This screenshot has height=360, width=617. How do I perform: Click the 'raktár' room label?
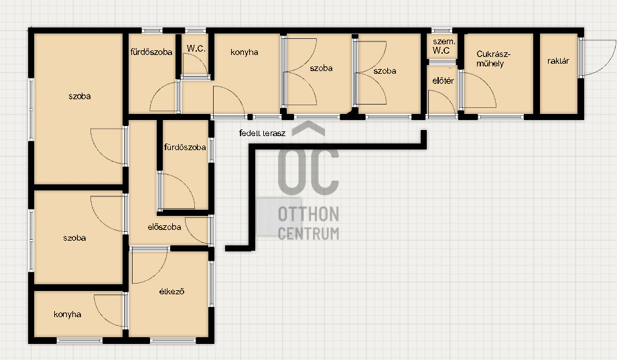click(558, 61)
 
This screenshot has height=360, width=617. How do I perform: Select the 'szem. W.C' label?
click(443, 46)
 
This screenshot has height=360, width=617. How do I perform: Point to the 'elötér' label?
click(443, 80)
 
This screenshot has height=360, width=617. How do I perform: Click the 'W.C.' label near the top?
click(196, 48)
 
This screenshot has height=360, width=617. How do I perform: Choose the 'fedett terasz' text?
click(262, 133)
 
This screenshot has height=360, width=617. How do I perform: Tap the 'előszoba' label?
click(164, 227)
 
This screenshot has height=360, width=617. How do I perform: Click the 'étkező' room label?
click(172, 292)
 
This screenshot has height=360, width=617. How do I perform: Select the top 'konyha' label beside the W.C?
click(244, 52)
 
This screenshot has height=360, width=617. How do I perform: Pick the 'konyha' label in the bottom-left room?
click(67, 314)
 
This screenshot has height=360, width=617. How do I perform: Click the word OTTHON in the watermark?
click(308, 215)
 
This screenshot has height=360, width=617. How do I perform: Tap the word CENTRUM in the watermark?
click(308, 233)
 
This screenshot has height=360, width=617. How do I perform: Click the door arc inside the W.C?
click(201, 59)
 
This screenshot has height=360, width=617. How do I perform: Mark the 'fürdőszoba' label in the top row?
click(151, 52)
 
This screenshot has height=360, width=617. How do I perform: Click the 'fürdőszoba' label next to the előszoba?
click(185, 147)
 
